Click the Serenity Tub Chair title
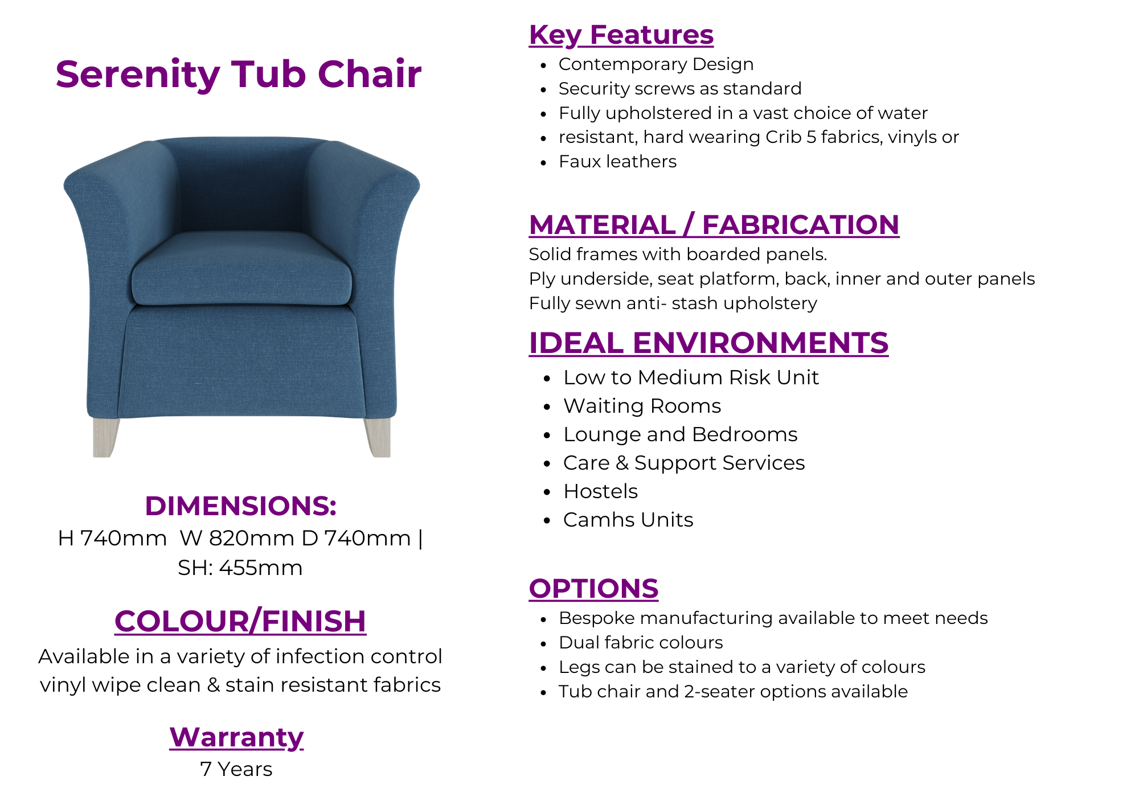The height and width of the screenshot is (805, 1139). point(239,75)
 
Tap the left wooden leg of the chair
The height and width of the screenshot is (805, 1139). point(105,437)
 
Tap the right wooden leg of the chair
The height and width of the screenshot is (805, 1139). point(378,437)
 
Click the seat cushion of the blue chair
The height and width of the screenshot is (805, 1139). point(241,269)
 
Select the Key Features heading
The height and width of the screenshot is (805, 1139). point(621,35)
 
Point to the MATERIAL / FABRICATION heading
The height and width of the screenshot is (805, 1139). point(714,225)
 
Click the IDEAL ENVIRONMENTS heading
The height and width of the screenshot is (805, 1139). point(708,343)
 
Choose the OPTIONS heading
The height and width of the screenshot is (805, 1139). point(593,589)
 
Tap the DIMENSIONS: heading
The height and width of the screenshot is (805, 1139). point(241,506)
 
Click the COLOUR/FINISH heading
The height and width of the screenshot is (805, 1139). point(240,621)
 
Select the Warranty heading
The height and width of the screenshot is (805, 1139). point(236,737)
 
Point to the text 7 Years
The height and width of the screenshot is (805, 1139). point(236,769)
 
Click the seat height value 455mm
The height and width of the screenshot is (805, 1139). point(261,568)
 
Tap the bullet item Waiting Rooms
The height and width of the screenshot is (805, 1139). point(642,406)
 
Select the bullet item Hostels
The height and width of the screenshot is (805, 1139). point(601,491)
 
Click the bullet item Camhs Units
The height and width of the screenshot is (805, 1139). point(628,520)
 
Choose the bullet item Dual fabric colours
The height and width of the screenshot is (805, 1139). point(641,642)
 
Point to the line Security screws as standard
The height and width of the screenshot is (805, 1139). point(680,89)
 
